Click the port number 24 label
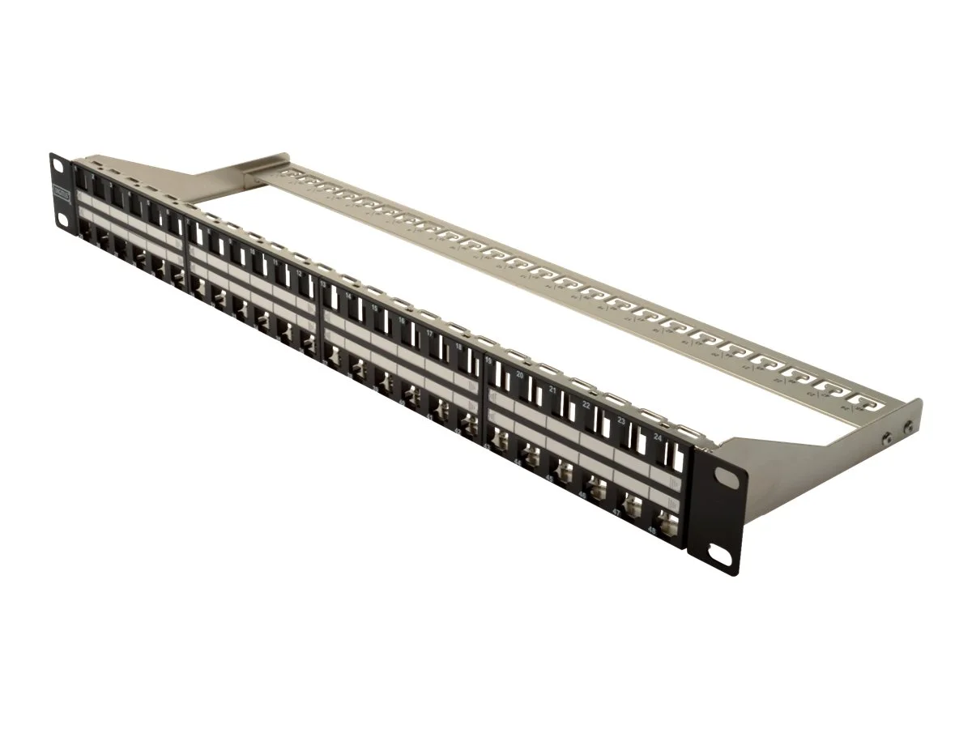[x=657, y=437]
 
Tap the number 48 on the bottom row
[x=652, y=531]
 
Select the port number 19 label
[x=488, y=360]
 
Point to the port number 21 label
[x=552, y=390]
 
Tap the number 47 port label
[x=617, y=514]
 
